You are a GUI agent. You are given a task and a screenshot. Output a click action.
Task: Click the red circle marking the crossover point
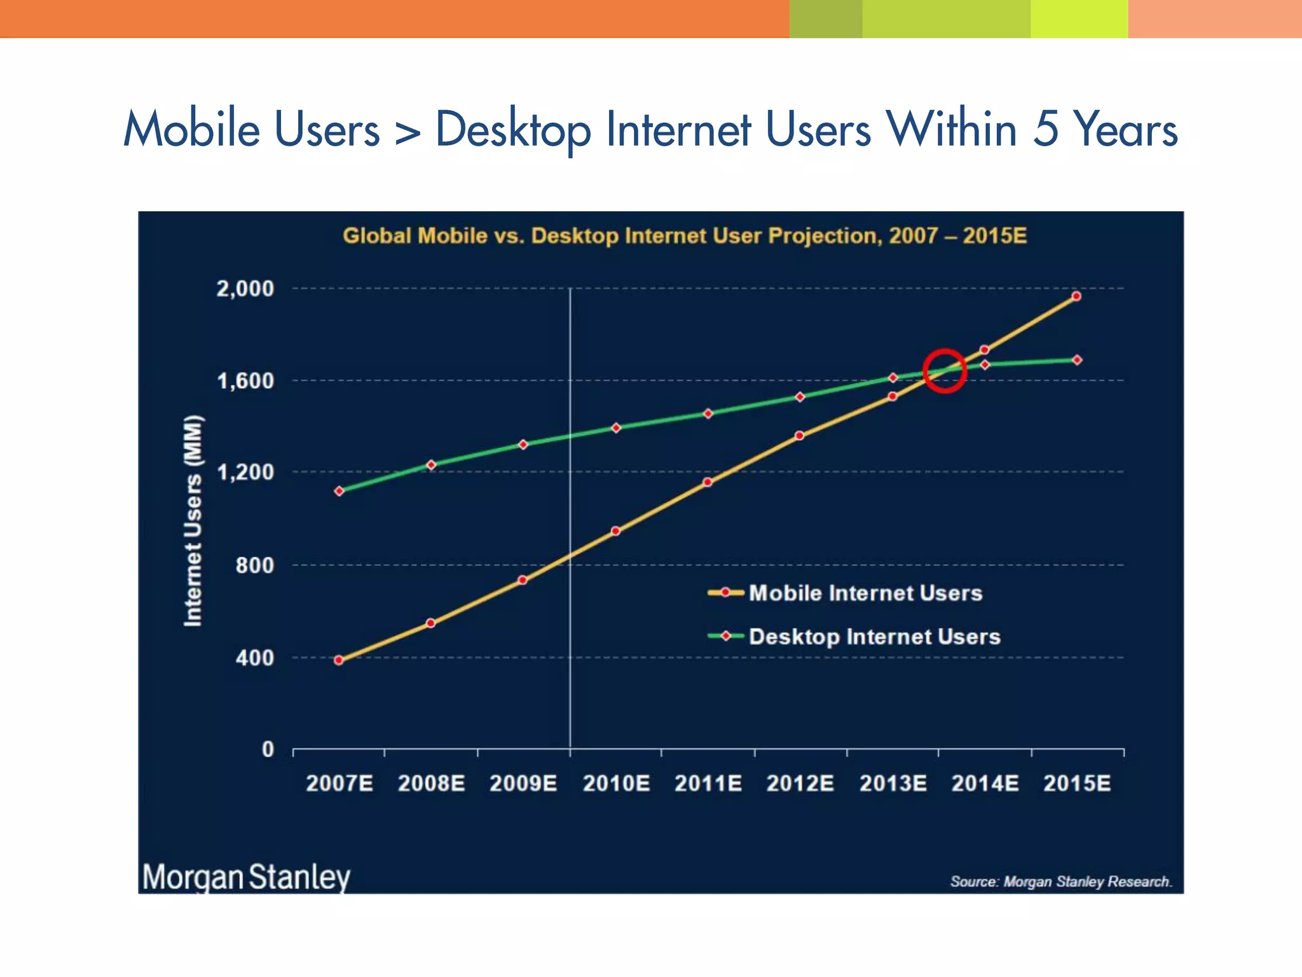pos(945,371)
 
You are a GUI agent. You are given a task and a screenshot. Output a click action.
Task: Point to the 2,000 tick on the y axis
pos(245,289)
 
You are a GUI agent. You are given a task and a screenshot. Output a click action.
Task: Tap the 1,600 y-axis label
pos(245,381)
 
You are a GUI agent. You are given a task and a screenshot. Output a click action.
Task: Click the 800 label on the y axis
pos(254,565)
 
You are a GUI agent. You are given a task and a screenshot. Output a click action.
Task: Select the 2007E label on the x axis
pos(339,783)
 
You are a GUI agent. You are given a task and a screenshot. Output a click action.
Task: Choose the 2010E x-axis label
pos(616,783)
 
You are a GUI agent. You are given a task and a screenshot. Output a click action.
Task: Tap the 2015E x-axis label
pos(1077,783)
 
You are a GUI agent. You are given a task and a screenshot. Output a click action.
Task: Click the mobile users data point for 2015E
pos(1076,296)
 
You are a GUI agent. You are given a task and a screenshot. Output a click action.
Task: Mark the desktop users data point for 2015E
pos(1077,360)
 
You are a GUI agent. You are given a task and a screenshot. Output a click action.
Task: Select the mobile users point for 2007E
pos(339,660)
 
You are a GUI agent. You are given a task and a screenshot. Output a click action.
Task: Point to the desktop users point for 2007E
pos(339,491)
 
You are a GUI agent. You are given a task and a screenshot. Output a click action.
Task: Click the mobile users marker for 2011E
pos(708,482)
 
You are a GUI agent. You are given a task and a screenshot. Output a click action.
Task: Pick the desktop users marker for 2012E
pos(800,397)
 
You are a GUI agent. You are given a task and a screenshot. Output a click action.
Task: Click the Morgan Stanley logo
pos(246,877)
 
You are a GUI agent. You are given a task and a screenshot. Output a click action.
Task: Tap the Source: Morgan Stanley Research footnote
pos(1061,882)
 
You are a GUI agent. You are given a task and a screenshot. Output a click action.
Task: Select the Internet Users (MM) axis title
pos(193,520)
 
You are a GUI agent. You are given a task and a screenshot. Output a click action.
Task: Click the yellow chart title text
pos(685,236)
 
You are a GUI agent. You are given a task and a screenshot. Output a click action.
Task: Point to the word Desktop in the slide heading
pos(512,130)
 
